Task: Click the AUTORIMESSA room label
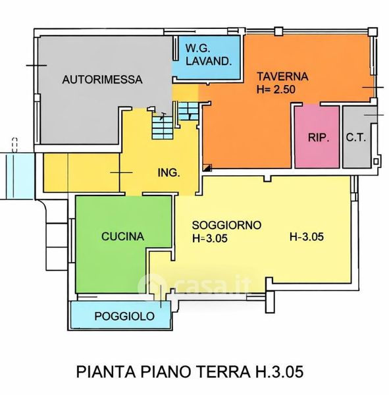click(x=102, y=80)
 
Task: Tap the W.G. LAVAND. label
click(x=209, y=55)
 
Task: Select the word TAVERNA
click(x=282, y=76)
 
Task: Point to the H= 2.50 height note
click(x=276, y=90)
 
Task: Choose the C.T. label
click(x=355, y=138)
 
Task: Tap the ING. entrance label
click(x=169, y=172)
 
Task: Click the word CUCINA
click(x=122, y=236)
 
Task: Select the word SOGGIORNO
click(x=226, y=225)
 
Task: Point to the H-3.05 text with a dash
click(x=306, y=237)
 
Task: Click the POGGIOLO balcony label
click(x=124, y=316)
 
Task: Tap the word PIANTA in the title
click(x=106, y=372)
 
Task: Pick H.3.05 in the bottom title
click(x=280, y=372)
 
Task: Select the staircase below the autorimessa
click(x=163, y=128)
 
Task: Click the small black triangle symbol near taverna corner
click(x=207, y=167)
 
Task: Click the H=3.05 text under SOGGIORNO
click(x=209, y=238)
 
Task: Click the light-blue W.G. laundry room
click(x=207, y=57)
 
